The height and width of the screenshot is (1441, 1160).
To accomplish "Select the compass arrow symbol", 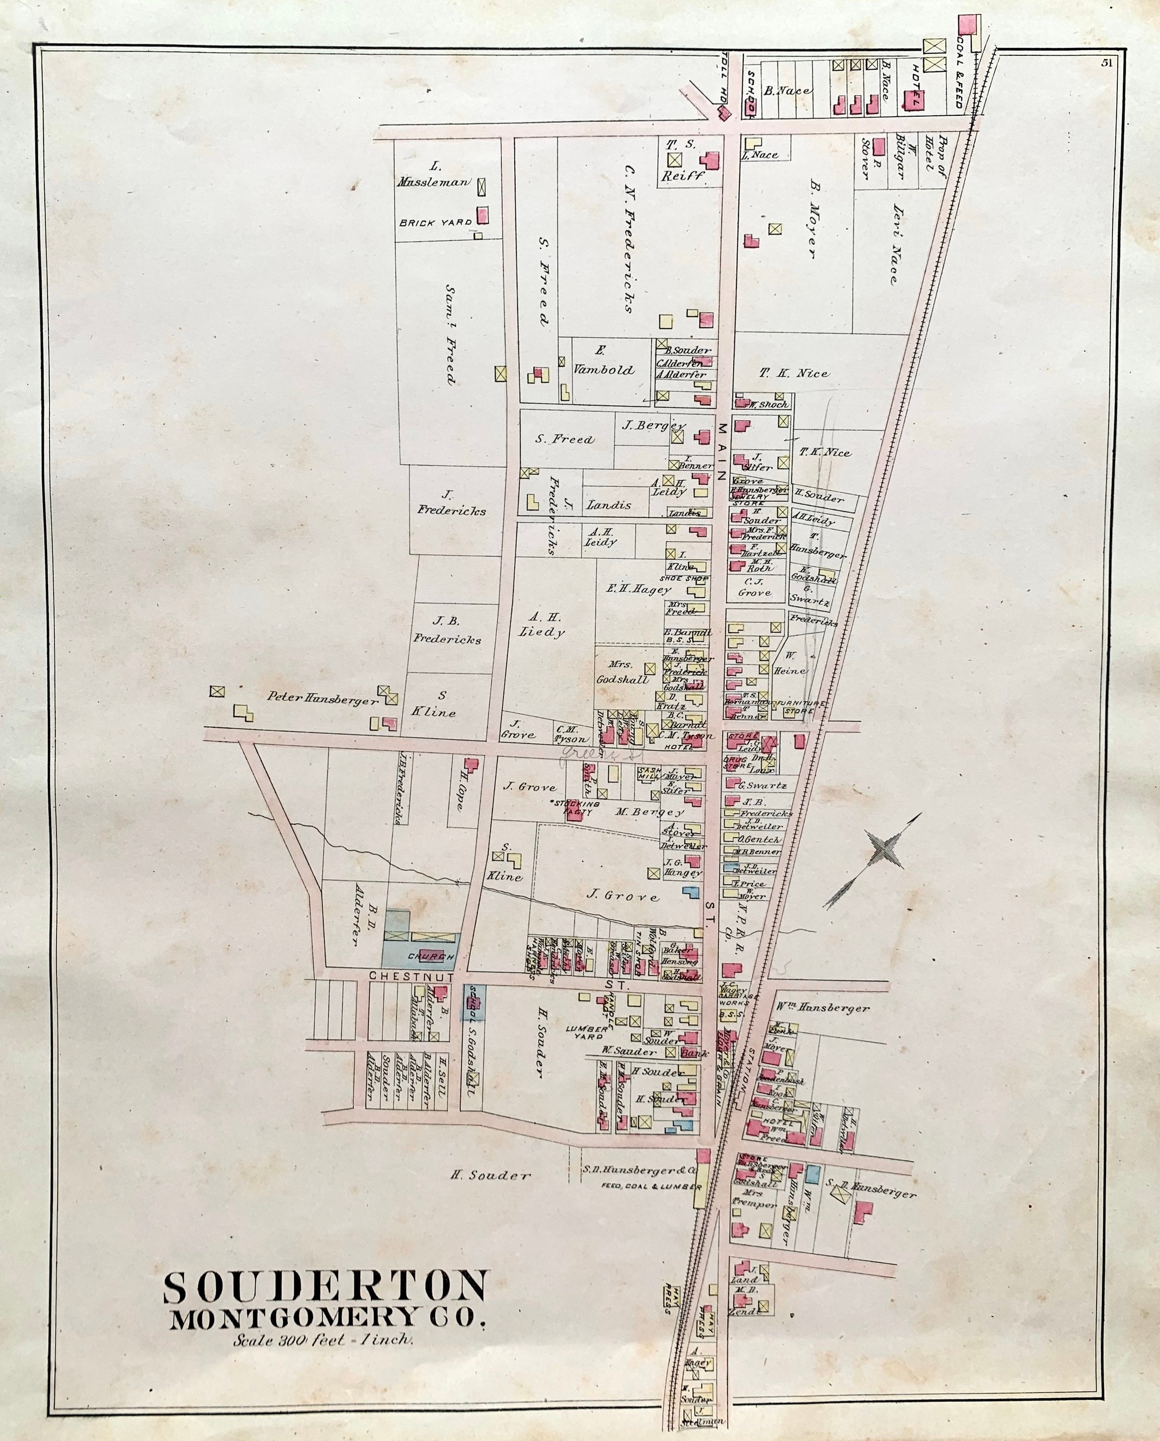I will pyautogui.click(x=873, y=862).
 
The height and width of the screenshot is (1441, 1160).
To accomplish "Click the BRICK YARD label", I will pyautogui.click(x=435, y=222).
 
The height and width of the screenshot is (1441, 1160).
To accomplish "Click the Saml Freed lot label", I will pyautogui.click(x=452, y=334).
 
